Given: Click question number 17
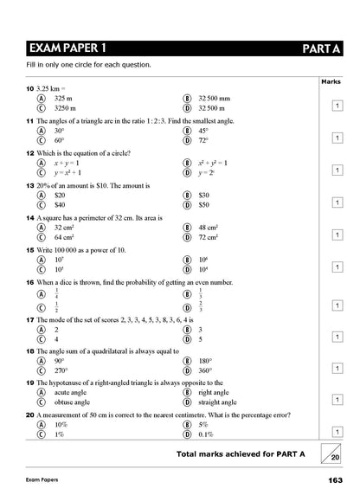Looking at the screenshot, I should coord(19,319).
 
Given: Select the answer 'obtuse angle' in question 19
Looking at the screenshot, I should coord(73,402).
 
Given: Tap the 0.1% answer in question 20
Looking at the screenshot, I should coord(206,434).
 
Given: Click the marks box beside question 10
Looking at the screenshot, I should coord(337,105).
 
